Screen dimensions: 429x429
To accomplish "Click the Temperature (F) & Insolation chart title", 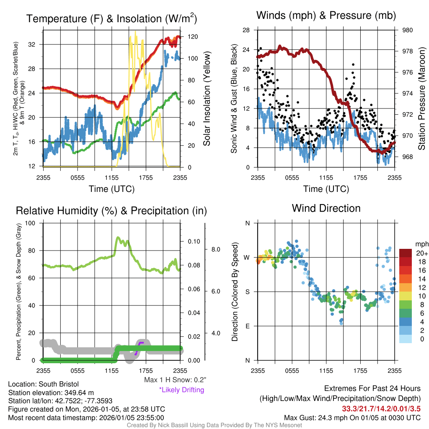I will tap(111, 18).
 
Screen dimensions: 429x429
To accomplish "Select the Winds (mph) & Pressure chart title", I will tap(326, 16).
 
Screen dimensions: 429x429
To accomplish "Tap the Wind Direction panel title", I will tap(326, 208).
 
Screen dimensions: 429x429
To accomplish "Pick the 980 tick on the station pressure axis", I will tap(407, 30).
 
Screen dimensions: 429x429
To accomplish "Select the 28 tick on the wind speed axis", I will tap(247, 30).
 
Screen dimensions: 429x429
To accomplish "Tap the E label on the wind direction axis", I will tap(247, 326).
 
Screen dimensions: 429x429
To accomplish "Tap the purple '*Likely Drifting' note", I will tap(181, 390).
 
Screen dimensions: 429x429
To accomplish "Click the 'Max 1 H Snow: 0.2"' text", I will tap(175, 380).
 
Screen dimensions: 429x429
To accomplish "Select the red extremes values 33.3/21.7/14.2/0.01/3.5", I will tap(381, 408).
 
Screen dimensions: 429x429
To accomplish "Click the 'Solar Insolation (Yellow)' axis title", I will tap(207, 99).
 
